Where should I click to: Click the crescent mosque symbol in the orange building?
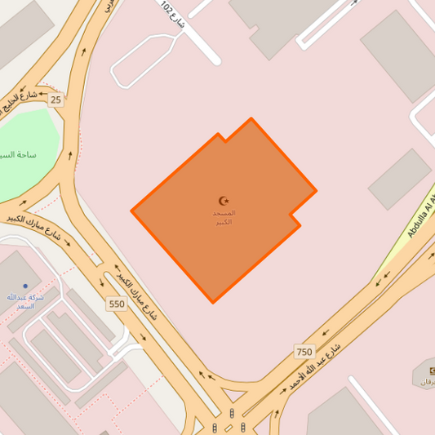click(224, 201)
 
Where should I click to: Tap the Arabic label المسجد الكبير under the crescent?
click(224, 217)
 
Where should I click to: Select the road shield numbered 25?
click(55, 100)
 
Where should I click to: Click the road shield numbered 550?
click(117, 304)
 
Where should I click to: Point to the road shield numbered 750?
click(304, 352)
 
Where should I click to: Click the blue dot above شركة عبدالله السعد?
click(25, 286)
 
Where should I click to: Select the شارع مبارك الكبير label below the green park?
click(36, 227)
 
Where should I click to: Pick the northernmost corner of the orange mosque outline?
click(251, 119)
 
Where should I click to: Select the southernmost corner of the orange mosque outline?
click(213, 303)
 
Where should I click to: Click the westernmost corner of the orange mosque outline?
click(131, 211)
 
